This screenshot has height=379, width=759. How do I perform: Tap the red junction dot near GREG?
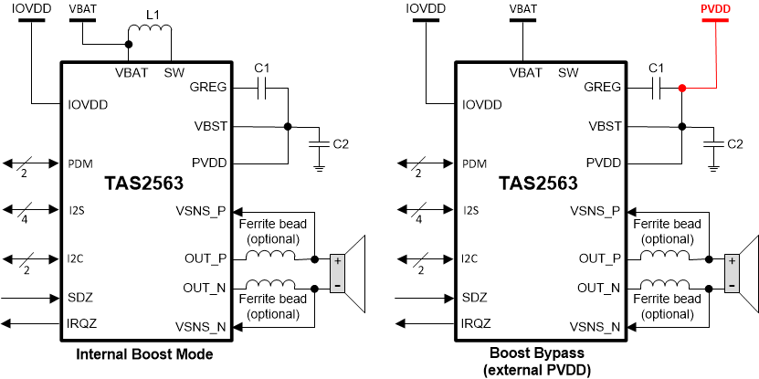pyautogui.click(x=681, y=89)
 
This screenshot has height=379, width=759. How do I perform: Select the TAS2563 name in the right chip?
pyautogui.click(x=538, y=184)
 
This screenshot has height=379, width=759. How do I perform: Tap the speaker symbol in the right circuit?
pyautogui.click(x=742, y=273)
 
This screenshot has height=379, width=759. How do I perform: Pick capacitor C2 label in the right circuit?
pyautogui.click(x=733, y=143)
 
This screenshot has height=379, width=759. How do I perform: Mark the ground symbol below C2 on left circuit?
pyautogui.click(x=317, y=167)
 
